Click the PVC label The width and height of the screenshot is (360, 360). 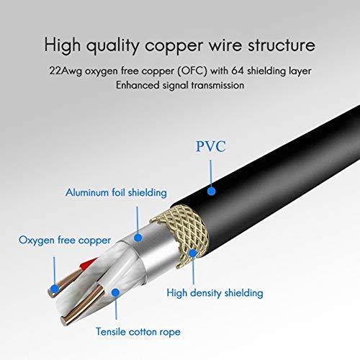(x=211, y=146)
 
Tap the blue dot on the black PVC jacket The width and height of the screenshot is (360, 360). (x=211, y=191)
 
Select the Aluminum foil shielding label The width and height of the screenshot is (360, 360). (x=116, y=192)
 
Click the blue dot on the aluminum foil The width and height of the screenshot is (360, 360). (x=138, y=238)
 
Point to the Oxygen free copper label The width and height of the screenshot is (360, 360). (x=65, y=240)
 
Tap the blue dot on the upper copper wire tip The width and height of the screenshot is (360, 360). (x=55, y=289)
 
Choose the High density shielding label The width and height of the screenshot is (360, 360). (x=215, y=293)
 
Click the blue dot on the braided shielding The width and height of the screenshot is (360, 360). (x=193, y=253)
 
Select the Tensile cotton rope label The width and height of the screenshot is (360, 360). (x=138, y=332)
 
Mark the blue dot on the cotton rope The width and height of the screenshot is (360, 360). (x=116, y=292)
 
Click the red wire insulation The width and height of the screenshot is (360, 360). (x=88, y=264)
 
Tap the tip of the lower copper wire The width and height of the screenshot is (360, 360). (x=63, y=321)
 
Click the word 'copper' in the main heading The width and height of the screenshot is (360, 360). (x=174, y=46)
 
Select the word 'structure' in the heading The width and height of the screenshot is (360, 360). (x=282, y=45)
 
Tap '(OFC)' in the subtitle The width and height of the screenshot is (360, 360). (x=192, y=71)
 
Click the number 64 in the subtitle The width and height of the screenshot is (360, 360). (x=238, y=71)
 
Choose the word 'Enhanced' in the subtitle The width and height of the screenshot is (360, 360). (x=138, y=85)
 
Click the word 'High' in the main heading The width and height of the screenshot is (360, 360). (x=63, y=45)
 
